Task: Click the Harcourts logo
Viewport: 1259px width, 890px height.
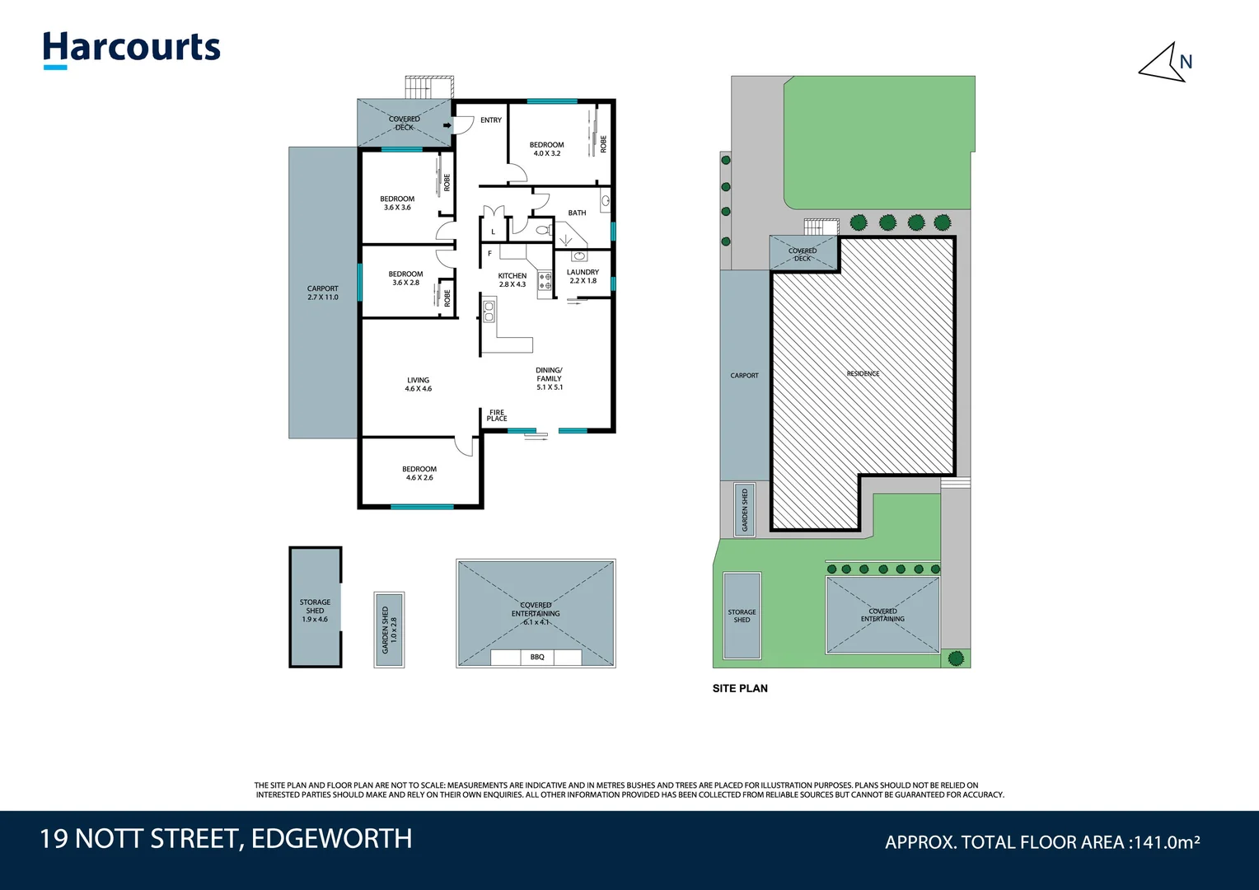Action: [132, 49]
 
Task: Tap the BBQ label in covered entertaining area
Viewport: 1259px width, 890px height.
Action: [537, 657]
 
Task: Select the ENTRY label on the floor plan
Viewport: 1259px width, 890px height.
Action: [491, 120]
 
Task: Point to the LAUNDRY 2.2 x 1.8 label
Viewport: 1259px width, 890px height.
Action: [583, 276]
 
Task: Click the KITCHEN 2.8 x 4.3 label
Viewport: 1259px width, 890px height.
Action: [512, 280]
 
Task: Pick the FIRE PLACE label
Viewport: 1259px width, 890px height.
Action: [497, 415]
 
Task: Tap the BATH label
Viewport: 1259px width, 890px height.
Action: [577, 213]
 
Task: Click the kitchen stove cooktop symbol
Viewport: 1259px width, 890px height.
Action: [545, 282]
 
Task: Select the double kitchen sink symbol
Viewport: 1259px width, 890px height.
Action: [489, 311]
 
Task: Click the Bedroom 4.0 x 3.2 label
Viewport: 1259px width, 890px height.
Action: [546, 149]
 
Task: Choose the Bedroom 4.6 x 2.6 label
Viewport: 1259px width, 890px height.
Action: [419, 473]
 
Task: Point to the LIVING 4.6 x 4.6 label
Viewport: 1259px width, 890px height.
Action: [418, 384]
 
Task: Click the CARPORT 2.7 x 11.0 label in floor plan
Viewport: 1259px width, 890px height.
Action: [322, 293]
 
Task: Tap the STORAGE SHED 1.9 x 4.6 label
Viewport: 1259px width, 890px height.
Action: [315, 611]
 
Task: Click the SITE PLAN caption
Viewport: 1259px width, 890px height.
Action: [740, 688]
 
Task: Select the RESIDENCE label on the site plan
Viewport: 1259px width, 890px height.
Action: [863, 373]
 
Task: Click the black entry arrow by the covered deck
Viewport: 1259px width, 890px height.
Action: [447, 125]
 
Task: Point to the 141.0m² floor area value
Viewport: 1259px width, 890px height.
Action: [1166, 842]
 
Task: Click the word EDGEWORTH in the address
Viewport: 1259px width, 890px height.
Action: [331, 839]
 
